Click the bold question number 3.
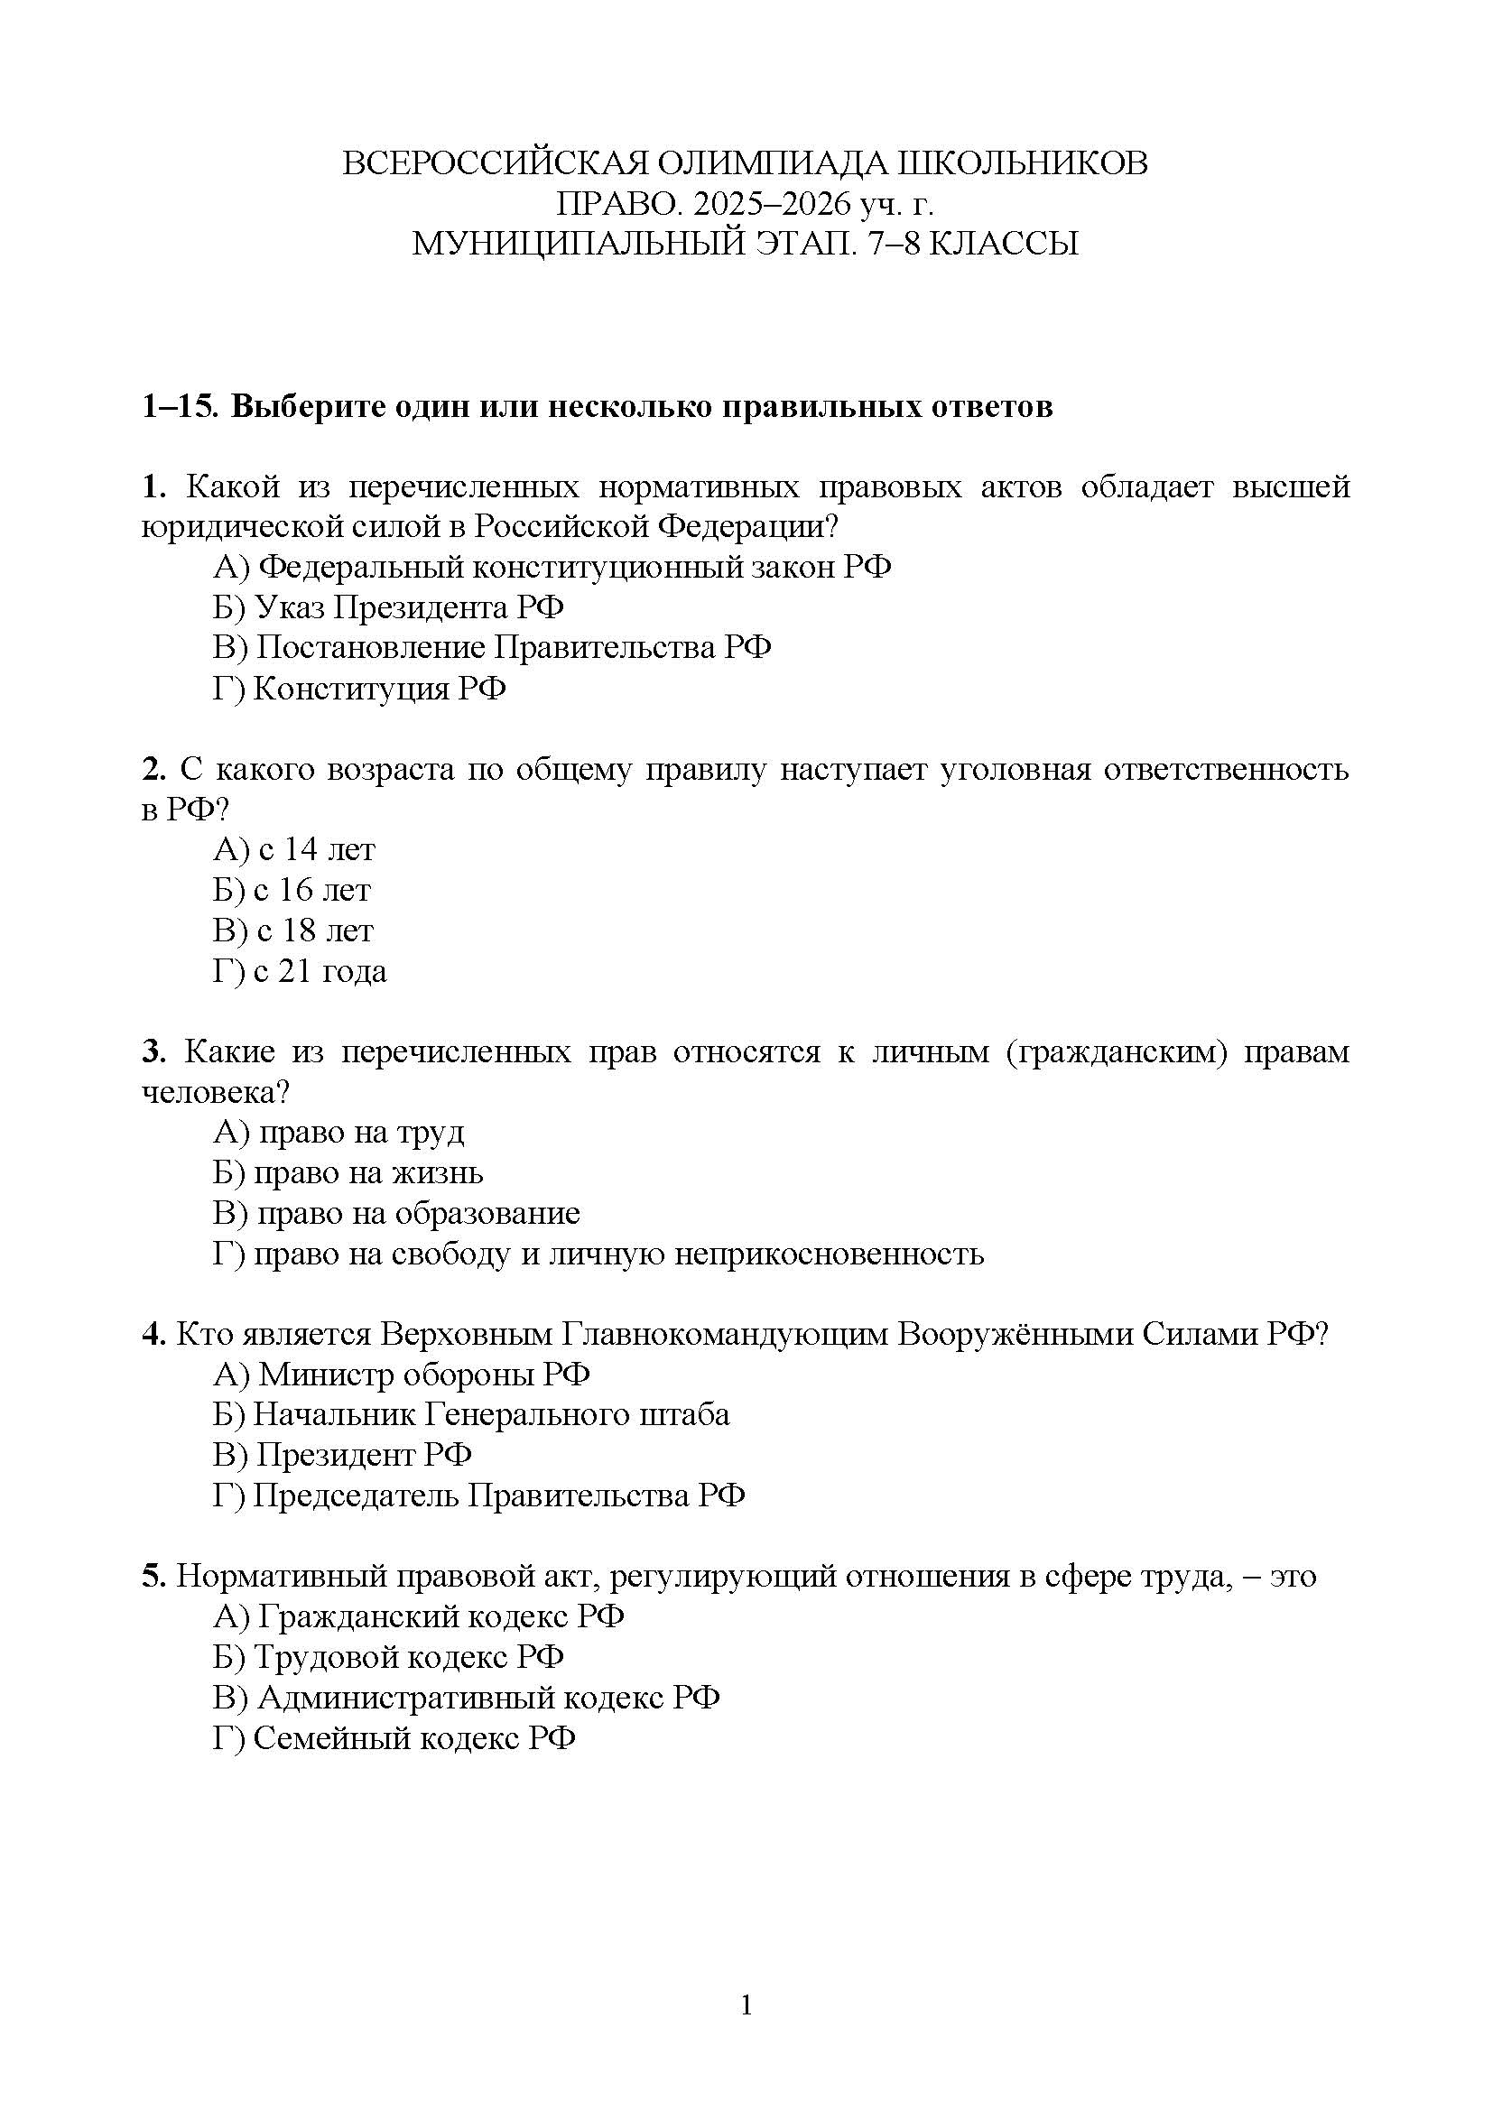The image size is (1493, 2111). pyautogui.click(x=153, y=1051)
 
